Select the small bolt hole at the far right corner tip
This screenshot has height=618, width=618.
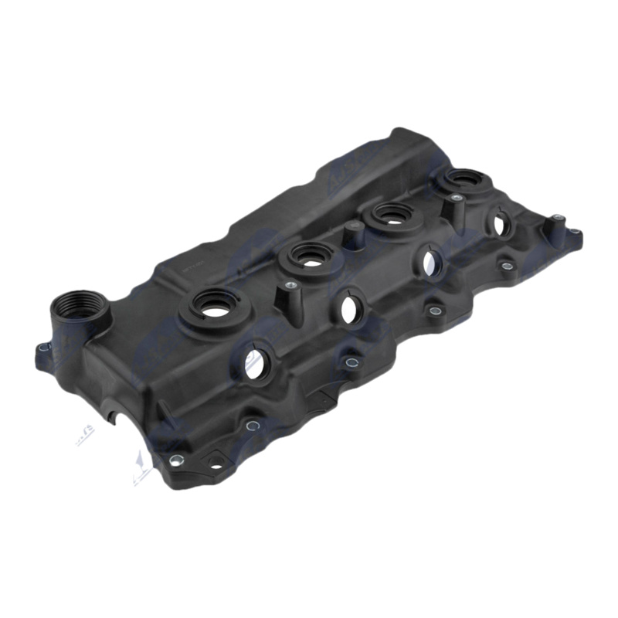point(576,231)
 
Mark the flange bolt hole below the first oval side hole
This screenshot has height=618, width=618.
point(251,424)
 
